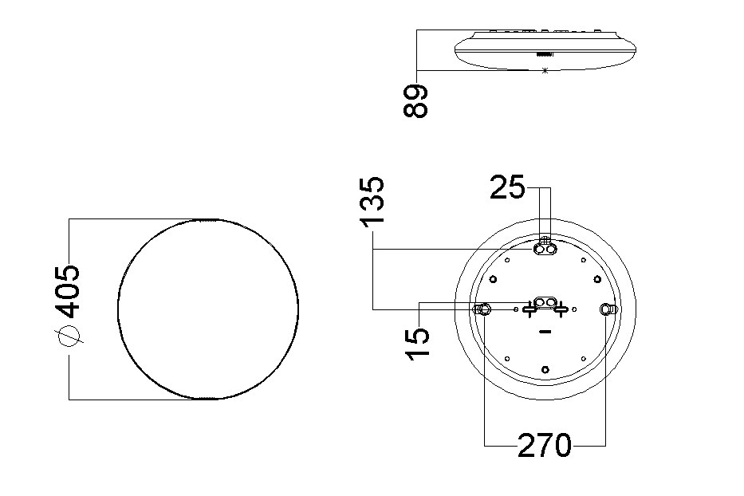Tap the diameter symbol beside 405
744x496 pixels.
69,337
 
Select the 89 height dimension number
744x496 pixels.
415,100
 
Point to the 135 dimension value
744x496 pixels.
372,201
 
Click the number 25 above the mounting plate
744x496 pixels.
507,187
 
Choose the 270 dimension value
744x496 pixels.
544,445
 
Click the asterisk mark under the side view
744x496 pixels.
545,71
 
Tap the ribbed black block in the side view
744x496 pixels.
544,54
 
